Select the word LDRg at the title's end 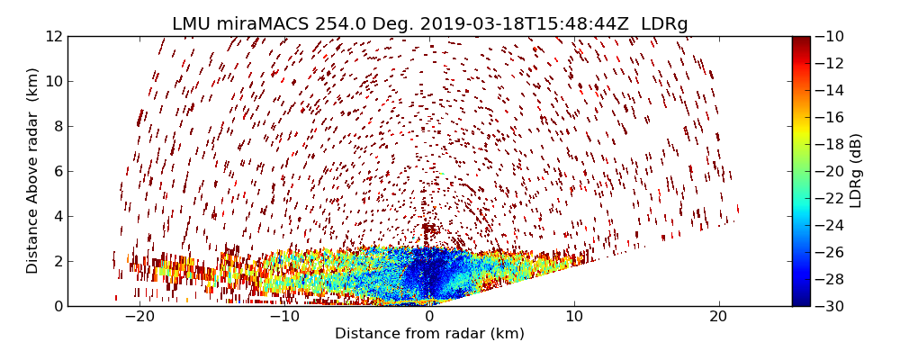click(664, 24)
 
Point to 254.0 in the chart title click(340, 24)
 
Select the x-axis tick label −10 click(284, 317)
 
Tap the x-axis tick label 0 click(429, 317)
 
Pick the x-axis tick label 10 click(574, 317)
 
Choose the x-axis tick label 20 click(718, 317)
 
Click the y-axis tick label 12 click(53, 36)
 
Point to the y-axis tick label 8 click(57, 126)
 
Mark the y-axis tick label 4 click(57, 216)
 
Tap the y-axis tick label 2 click(57, 261)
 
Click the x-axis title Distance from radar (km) click(429, 334)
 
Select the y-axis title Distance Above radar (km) click(33, 171)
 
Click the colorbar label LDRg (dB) click(856, 171)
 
